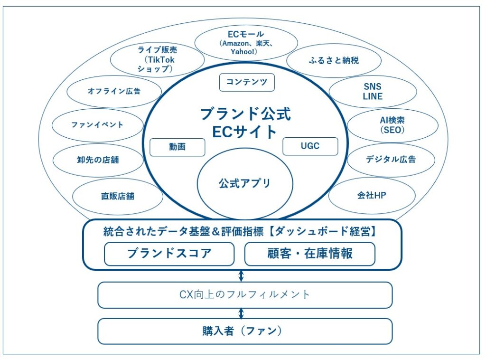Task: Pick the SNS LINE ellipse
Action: tap(372, 92)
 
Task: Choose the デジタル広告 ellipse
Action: tap(391, 160)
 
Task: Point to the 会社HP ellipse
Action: tap(372, 195)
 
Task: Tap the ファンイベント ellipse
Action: tap(97, 125)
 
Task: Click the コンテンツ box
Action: tap(247, 82)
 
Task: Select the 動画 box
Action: tap(177, 147)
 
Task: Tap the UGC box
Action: tap(310, 146)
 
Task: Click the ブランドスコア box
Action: tap(169, 254)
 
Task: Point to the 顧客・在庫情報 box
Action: tap(309, 254)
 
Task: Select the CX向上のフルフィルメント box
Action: tap(245, 295)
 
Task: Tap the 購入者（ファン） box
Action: tap(245, 331)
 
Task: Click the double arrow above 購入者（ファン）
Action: tap(241, 313)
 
